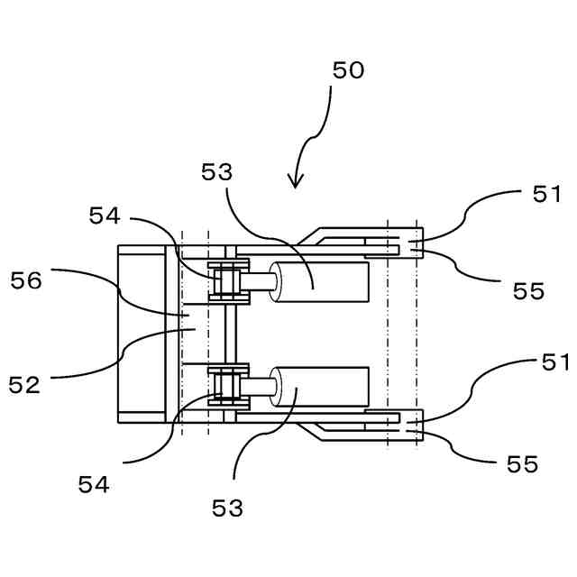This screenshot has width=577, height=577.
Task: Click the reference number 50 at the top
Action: pyautogui.click(x=348, y=70)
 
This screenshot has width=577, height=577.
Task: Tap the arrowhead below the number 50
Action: pyautogui.click(x=296, y=181)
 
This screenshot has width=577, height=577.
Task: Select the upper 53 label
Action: pyautogui.click(x=217, y=173)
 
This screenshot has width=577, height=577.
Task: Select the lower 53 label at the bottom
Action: pyautogui.click(x=228, y=508)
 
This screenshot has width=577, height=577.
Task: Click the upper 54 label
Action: pyautogui.click(x=105, y=215)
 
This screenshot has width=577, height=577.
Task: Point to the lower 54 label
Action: pyautogui.click(x=94, y=485)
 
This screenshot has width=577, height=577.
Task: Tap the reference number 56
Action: pyautogui.click(x=26, y=280)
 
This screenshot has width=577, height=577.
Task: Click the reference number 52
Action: pyautogui.click(x=25, y=385)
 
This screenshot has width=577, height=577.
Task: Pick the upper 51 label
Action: pyautogui.click(x=545, y=194)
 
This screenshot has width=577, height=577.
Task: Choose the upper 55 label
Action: pyautogui.click(x=528, y=290)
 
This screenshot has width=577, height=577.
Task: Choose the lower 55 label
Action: pyautogui.click(x=522, y=464)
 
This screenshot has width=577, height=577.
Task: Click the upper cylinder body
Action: pyautogui.click(x=325, y=282)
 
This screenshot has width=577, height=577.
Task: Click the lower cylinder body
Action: pyautogui.click(x=325, y=387)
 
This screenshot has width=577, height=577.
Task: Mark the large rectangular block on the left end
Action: pyautogui.click(x=142, y=334)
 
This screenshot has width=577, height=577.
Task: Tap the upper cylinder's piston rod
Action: pyautogui.click(x=260, y=281)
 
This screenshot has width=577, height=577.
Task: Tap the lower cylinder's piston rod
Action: pyautogui.click(x=260, y=388)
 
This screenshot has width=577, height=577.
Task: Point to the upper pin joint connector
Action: pyautogui.click(x=228, y=281)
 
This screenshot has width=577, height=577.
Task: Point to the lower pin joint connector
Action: pyautogui.click(x=228, y=385)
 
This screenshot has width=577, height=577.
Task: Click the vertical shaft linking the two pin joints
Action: pyautogui.click(x=229, y=334)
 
